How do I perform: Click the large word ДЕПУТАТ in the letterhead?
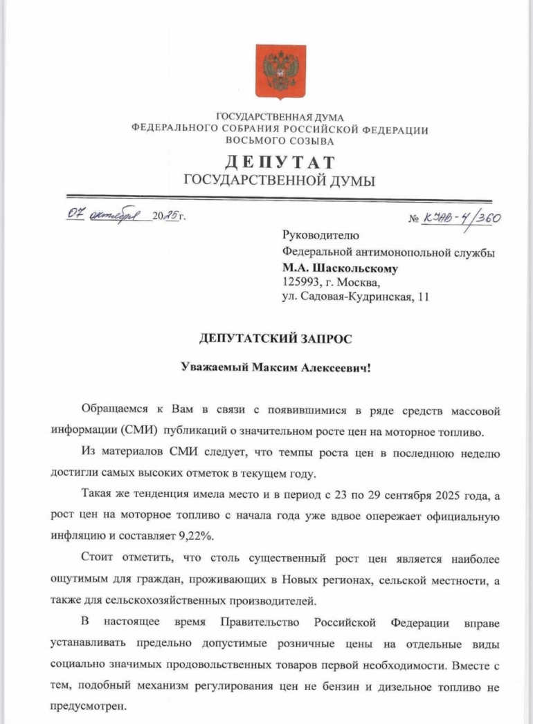pos(279,163)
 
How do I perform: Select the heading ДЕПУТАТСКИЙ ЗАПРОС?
pos(275,339)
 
